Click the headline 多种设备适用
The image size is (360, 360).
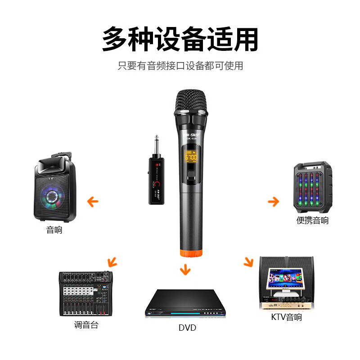click(x=180, y=40)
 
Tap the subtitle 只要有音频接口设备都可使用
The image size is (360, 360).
click(x=180, y=66)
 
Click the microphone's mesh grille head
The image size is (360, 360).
click(x=192, y=100)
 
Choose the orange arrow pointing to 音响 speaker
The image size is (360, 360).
click(x=93, y=201)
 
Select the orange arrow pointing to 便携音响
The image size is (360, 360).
click(x=273, y=201)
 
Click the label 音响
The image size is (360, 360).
click(x=54, y=230)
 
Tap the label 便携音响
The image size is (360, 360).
click(x=312, y=220)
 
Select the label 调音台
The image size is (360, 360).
click(x=86, y=325)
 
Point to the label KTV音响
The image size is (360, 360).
click(x=286, y=317)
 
